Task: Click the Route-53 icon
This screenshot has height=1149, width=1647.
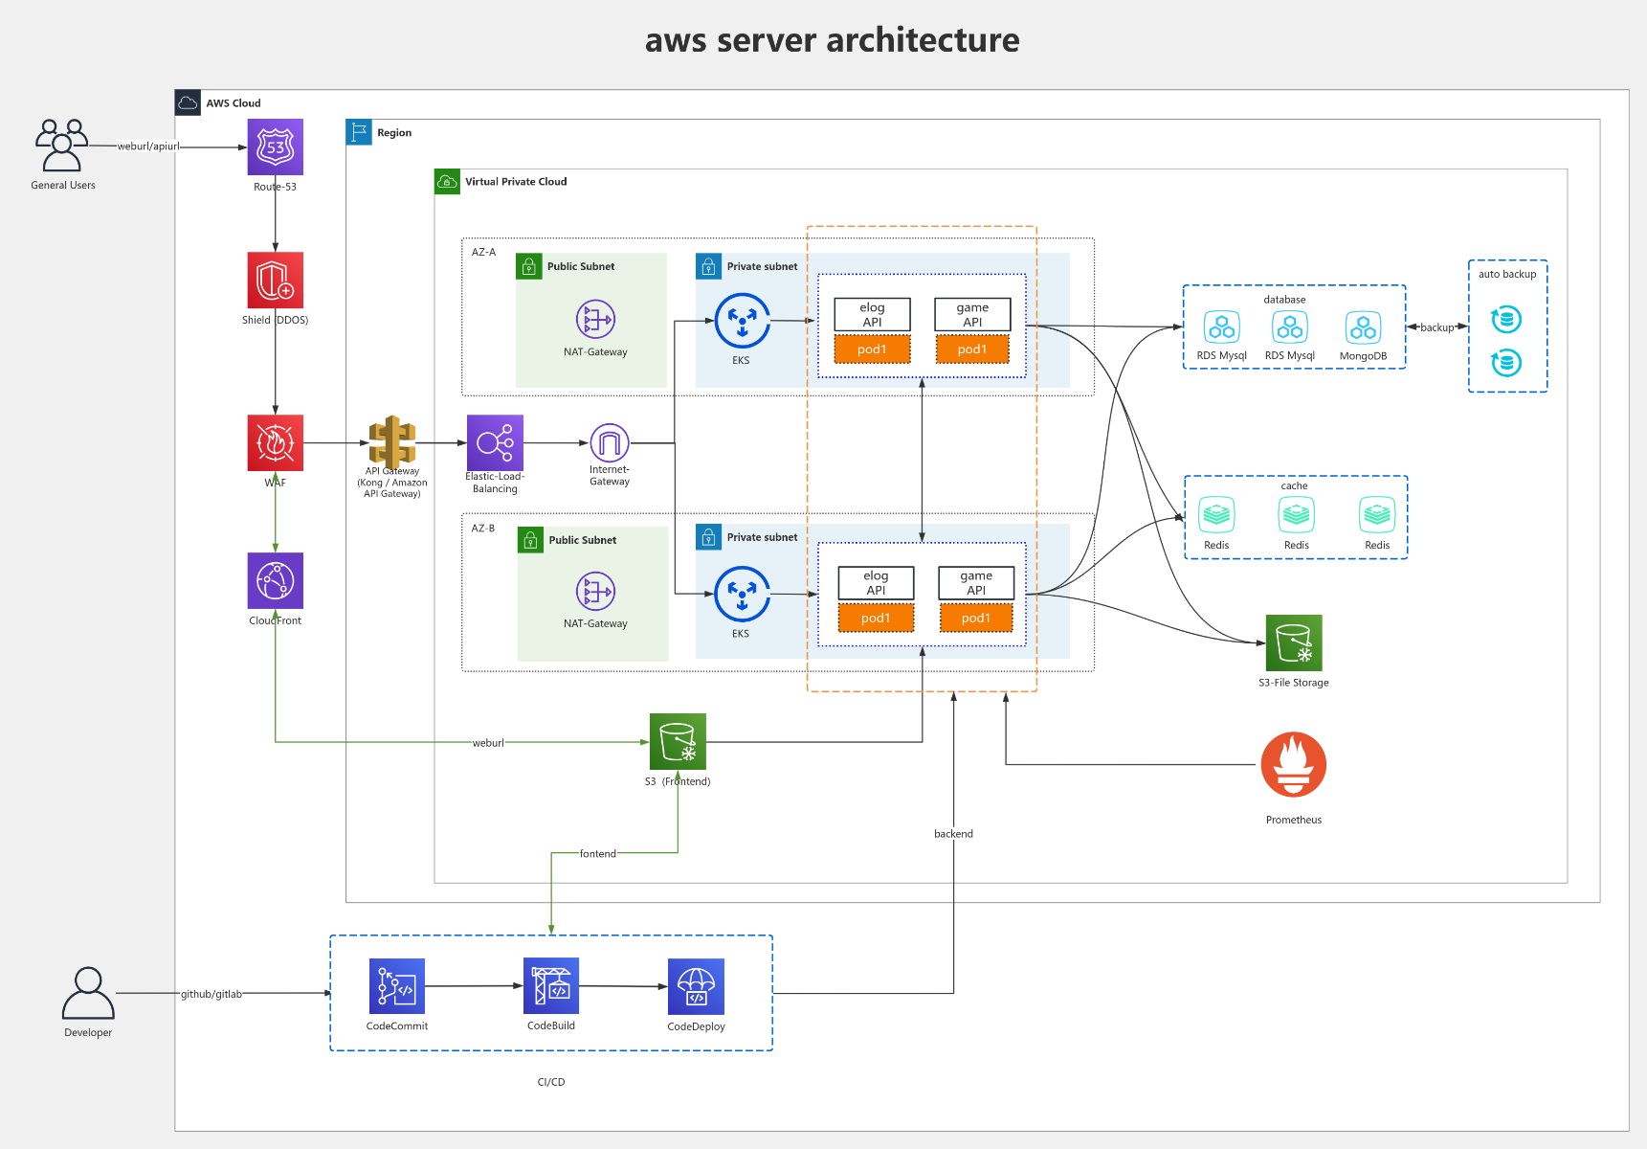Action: coord(276,146)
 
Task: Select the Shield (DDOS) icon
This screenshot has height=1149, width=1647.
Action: coord(276,280)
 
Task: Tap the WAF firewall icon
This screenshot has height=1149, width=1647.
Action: coord(276,442)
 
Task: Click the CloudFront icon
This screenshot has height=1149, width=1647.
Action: coord(276,580)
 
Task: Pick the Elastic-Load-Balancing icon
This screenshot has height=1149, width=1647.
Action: coord(495,442)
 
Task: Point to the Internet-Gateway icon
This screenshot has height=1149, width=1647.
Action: coord(610,442)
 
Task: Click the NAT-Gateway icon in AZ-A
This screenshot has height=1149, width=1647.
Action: coord(595,320)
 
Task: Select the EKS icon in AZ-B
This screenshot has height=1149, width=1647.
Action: coord(742,594)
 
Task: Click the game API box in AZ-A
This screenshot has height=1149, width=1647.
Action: coord(972,314)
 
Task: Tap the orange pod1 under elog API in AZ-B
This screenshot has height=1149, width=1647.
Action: coord(876,618)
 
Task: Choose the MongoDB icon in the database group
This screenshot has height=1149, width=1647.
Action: coord(1363,327)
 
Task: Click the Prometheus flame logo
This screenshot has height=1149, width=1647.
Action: coord(1293,765)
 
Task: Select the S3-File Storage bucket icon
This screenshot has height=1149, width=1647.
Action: coord(1294,642)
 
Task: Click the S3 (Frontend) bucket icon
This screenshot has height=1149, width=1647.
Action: coord(678,741)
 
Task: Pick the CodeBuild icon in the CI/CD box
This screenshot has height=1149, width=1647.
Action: coord(551,985)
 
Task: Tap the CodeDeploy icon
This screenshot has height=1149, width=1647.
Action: coord(696,986)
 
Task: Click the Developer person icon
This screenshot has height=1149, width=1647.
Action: coord(88,993)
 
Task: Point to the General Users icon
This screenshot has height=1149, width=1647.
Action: coord(62,146)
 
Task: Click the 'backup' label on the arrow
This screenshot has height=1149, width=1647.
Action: coord(1436,327)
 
